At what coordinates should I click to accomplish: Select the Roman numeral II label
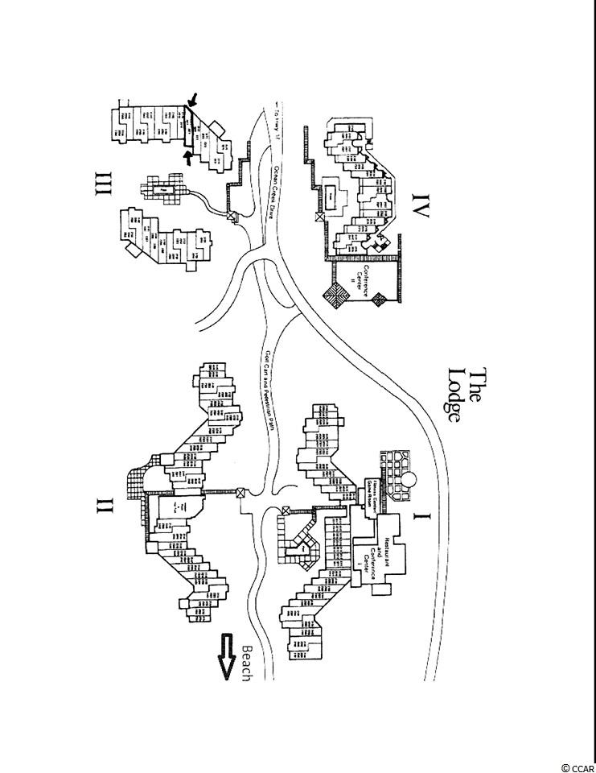click(x=104, y=506)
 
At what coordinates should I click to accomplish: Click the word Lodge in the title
click(x=456, y=395)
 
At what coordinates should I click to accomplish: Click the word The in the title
click(x=478, y=385)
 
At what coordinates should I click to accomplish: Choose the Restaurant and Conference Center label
click(x=379, y=556)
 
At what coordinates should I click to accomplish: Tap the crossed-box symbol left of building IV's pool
click(x=320, y=216)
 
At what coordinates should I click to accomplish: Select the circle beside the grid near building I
click(x=409, y=481)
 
